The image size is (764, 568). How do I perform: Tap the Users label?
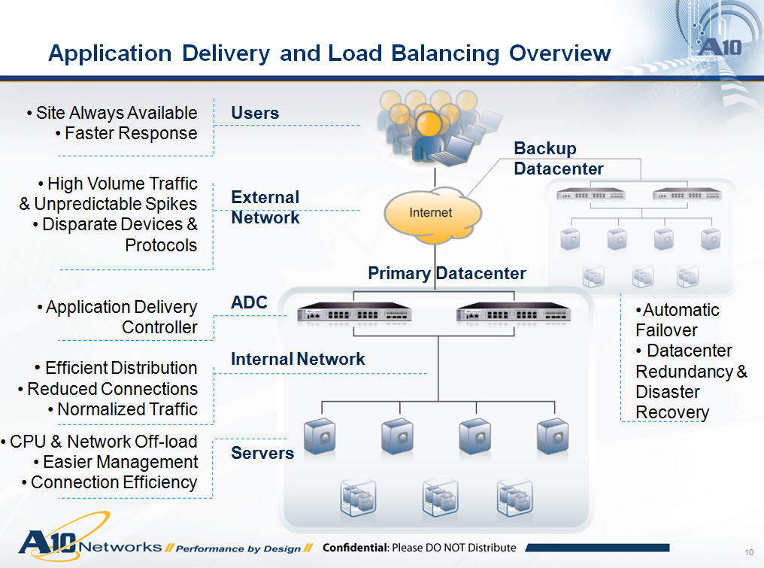(255, 113)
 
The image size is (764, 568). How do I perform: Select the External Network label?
(265, 207)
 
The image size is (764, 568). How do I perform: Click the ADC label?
(249, 302)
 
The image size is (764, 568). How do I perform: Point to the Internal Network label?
(298, 359)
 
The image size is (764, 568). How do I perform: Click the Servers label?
(262, 453)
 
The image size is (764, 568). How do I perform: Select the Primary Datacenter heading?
(447, 273)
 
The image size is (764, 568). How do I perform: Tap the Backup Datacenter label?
(558, 159)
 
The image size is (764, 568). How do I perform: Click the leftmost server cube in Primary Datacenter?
(319, 436)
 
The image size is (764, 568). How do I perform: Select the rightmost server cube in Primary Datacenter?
(552, 436)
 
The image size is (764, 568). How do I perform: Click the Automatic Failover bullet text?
(677, 320)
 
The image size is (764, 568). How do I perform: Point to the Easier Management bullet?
(120, 462)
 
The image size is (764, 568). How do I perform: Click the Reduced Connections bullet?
(112, 389)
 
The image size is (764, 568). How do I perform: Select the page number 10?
(748, 548)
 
